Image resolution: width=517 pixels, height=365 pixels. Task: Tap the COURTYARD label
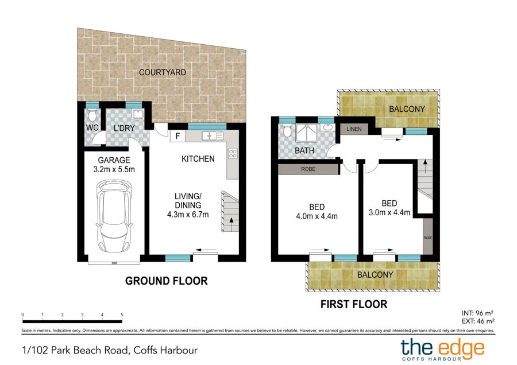pyautogui.click(x=162, y=72)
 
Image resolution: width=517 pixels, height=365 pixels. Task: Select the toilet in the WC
pyautogui.click(x=91, y=115)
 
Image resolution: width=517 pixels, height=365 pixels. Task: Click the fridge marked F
pyautogui.click(x=178, y=137)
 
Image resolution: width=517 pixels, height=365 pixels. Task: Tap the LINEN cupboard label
pyautogui.click(x=354, y=129)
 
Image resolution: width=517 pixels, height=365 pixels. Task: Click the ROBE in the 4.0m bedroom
pyautogui.click(x=308, y=169)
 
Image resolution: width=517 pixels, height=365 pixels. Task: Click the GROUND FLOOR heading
pyautogui.click(x=166, y=281)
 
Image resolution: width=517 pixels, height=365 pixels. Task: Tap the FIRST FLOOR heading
pyautogui.click(x=354, y=304)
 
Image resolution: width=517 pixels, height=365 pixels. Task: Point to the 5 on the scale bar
pyautogui.click(x=122, y=315)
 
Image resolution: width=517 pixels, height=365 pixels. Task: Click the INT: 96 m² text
pyautogui.click(x=478, y=313)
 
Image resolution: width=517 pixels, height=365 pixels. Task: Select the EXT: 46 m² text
pyautogui.click(x=478, y=321)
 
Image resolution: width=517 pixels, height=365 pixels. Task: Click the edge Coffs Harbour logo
pyautogui.click(x=442, y=348)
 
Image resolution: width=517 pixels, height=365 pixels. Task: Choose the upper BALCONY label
pyautogui.click(x=407, y=109)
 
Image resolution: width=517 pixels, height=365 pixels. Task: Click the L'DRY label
pyautogui.click(x=124, y=129)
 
